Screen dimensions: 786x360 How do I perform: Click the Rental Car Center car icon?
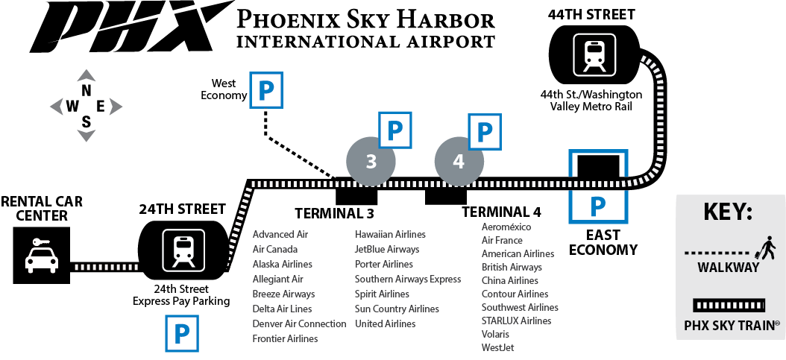(x=42, y=256)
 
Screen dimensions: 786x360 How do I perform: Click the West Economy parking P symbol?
(x=267, y=90)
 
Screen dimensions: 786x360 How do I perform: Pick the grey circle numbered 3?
(x=371, y=162)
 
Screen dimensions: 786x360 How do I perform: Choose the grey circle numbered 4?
(x=459, y=162)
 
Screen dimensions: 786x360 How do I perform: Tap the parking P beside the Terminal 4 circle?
(x=485, y=132)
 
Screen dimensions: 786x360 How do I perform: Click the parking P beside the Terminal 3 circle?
(x=394, y=130)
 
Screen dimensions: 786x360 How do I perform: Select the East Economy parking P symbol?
(x=597, y=206)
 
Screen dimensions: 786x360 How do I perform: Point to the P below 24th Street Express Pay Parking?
(x=182, y=333)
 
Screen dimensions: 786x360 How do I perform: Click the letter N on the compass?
(x=87, y=91)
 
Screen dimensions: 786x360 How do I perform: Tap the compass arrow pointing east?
(x=116, y=106)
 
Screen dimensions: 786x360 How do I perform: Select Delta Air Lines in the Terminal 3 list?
(x=282, y=309)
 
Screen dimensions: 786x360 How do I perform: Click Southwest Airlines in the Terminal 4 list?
(x=520, y=307)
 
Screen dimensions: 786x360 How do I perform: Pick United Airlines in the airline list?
(x=385, y=324)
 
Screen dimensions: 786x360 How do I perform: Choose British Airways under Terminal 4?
(x=512, y=267)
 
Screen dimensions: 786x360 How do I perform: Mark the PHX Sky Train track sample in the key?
(x=729, y=305)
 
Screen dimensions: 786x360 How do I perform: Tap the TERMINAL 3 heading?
(x=334, y=213)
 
